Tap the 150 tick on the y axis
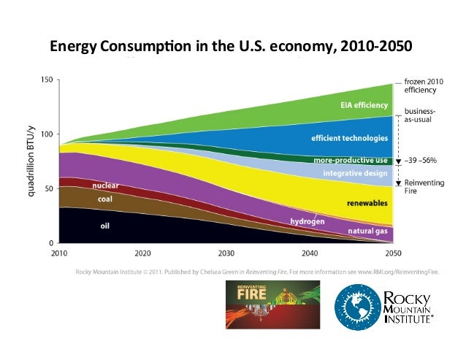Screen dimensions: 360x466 [x=47, y=80]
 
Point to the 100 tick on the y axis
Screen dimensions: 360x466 [x=47, y=134]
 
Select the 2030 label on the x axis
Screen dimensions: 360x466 [x=226, y=253]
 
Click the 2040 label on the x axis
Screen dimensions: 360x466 [x=310, y=253]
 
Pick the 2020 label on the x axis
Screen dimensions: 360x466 [x=142, y=253]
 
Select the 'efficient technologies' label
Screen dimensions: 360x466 [x=349, y=137]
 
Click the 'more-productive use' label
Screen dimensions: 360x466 [x=350, y=160]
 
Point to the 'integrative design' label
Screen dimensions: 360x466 [x=354, y=173]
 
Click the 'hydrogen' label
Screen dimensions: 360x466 [x=307, y=220]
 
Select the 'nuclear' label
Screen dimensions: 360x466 [x=106, y=185]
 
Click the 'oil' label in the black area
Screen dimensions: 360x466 [x=104, y=226]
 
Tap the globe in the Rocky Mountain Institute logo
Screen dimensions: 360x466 [x=357, y=308]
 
